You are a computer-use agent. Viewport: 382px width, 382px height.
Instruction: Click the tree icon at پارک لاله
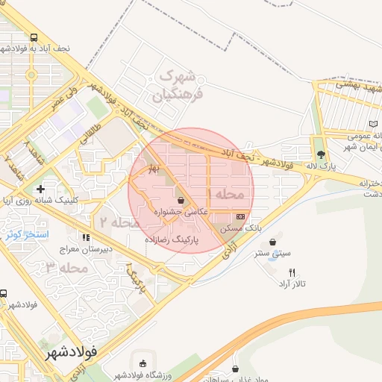click(x=321, y=154)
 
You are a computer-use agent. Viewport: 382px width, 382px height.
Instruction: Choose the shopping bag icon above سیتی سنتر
click(x=274, y=242)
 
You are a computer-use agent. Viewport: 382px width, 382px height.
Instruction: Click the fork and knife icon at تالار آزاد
click(x=292, y=272)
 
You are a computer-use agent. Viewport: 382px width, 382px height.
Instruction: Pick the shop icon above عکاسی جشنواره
click(x=182, y=200)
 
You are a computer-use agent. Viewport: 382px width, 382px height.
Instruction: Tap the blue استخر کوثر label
click(x=27, y=235)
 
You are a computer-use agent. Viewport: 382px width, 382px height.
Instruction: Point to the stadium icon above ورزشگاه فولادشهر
click(x=143, y=363)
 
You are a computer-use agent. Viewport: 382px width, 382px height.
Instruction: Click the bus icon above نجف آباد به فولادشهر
click(x=33, y=37)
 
